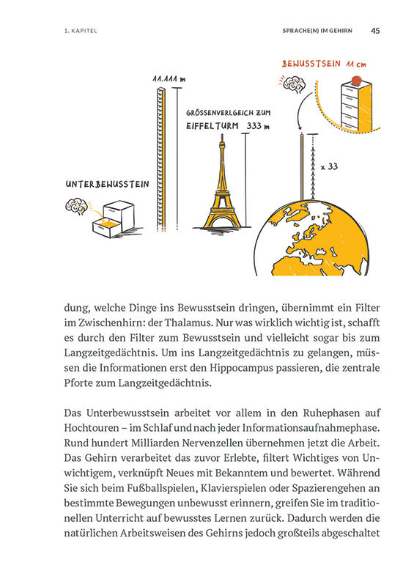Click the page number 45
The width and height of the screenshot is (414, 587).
click(375, 31)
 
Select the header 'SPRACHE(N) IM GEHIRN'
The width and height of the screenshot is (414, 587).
click(318, 32)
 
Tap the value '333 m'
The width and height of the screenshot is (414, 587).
click(257, 126)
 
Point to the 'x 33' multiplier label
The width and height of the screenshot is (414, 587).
click(328, 167)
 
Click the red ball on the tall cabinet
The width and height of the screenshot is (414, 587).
click(356, 78)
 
